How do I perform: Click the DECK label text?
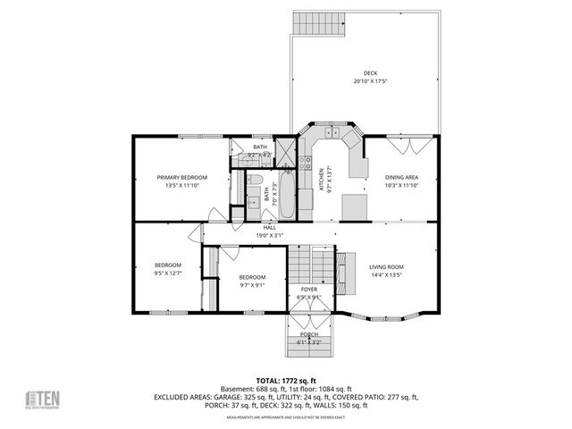370,73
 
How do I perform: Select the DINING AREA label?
401,177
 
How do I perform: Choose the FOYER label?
308,290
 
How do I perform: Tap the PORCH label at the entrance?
309,333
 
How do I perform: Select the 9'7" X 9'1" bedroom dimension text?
251,287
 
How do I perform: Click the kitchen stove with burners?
306,171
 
